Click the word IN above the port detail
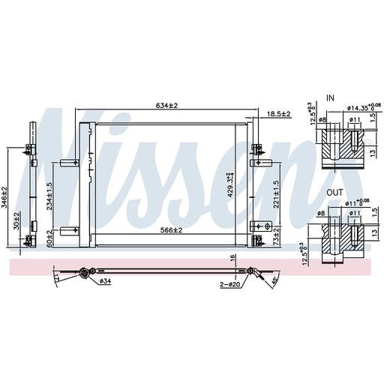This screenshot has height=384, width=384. point(331,97)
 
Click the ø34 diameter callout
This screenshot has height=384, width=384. point(104,281)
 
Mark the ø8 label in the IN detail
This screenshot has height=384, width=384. point(322,118)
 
